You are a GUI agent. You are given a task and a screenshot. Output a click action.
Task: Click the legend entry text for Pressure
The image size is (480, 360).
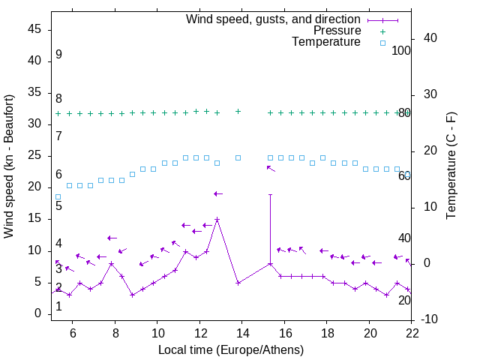(x=337, y=31)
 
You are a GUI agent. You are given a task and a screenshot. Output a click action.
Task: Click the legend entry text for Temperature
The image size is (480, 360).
(x=326, y=43)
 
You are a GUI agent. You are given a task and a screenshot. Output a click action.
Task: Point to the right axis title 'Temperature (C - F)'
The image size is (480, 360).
(x=451, y=166)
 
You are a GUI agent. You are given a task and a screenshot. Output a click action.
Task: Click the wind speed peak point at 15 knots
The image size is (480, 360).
(x=217, y=220)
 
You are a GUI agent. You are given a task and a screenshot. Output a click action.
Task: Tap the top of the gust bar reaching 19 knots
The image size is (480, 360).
(x=270, y=194)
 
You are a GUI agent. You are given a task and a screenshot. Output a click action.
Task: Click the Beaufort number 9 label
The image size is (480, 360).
(x=58, y=55)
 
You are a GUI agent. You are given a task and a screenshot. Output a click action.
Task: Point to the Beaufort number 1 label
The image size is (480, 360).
(x=58, y=307)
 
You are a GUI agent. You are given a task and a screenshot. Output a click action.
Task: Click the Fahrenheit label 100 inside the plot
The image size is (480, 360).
(x=401, y=50)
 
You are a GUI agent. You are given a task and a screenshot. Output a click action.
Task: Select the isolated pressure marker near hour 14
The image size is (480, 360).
(x=238, y=111)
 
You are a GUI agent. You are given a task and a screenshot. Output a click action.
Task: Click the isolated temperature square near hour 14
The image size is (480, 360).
(x=238, y=157)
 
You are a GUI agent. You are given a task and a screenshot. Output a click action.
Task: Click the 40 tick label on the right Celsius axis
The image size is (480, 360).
(x=430, y=37)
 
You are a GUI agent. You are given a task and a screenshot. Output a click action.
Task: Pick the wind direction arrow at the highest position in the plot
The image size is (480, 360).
(x=271, y=169)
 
